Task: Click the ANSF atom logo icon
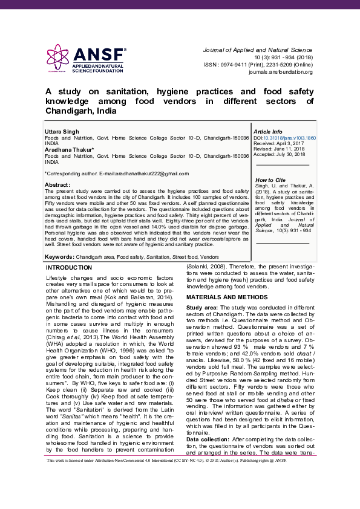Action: [59, 56]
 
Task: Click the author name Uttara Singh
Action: [61, 131]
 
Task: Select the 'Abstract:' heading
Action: [57, 184]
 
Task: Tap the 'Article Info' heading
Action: [268, 131]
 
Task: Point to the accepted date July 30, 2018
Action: [283, 155]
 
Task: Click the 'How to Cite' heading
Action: [270, 180]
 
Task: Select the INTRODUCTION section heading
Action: [69, 267]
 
